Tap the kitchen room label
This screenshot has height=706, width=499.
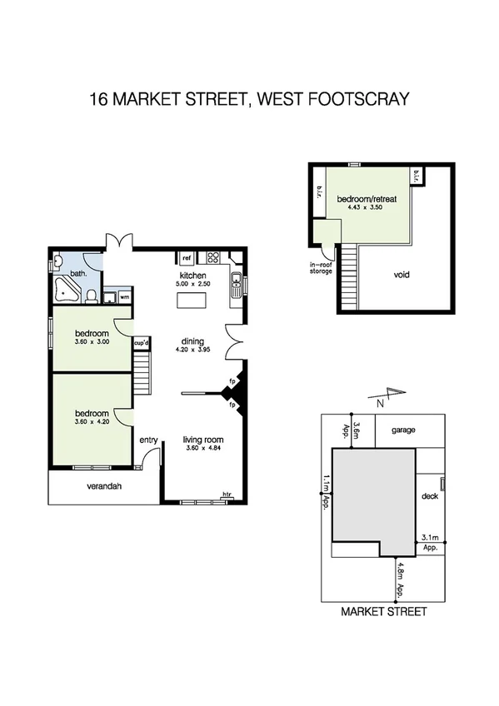[193, 276]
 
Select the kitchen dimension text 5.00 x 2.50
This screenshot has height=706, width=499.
[193, 285]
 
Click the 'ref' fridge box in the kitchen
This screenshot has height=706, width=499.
[187, 257]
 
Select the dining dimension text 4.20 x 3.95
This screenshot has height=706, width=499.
[193, 350]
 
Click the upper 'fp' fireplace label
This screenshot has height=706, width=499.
[232, 381]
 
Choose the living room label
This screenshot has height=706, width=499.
[204, 440]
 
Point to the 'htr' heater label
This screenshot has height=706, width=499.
[227, 495]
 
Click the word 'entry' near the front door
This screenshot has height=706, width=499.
[149, 440]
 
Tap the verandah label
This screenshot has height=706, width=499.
[104, 487]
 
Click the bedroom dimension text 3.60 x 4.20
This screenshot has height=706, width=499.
[92, 422]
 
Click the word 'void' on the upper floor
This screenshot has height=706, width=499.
[402, 275]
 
